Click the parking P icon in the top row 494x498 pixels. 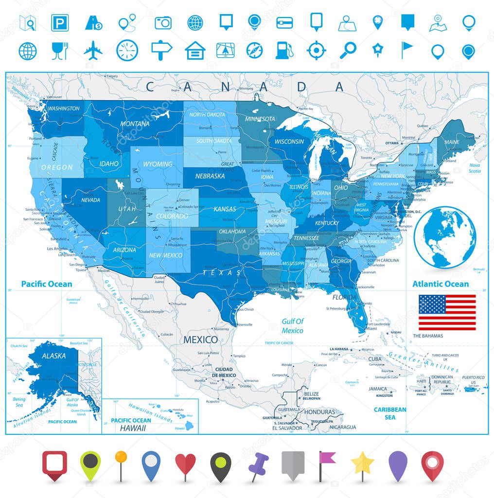[x=60, y=22]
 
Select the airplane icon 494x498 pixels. [x=93, y=50]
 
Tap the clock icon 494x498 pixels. [x=127, y=50]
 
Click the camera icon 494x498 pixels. [x=163, y=22]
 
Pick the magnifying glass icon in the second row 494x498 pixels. [x=348, y=50]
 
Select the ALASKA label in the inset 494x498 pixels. [x=53, y=356]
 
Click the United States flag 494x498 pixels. [x=447, y=312]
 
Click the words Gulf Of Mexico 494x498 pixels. [x=293, y=326]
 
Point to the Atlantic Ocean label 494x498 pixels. [x=441, y=284]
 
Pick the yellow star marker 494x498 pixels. [x=362, y=465]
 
